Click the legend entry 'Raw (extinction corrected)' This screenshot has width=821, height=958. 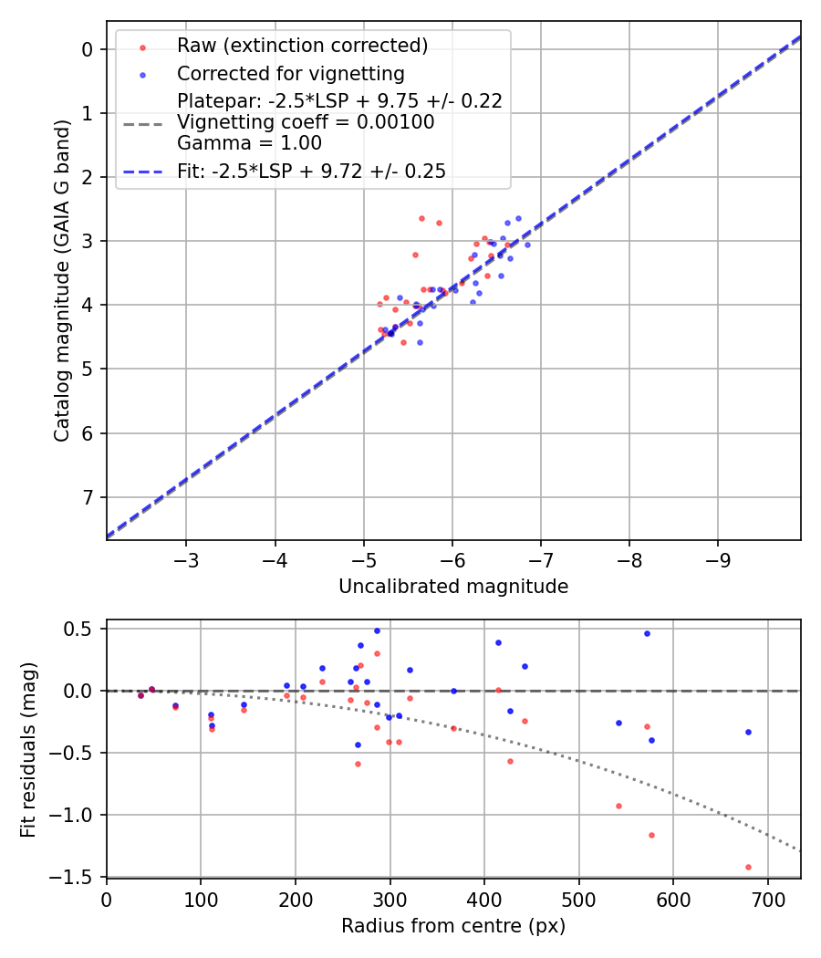point(302,46)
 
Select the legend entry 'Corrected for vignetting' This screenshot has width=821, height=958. point(290,74)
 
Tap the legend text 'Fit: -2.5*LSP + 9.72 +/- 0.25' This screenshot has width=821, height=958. point(311,172)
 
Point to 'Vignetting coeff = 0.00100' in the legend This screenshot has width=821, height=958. point(306,122)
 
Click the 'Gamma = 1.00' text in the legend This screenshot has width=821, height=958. point(249,143)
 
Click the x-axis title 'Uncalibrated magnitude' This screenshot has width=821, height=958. point(453,587)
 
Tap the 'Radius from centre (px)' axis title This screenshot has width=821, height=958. point(453,926)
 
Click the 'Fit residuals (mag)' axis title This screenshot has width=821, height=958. point(29,749)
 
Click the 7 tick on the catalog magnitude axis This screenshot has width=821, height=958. point(88,497)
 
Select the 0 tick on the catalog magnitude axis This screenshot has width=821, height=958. point(88,49)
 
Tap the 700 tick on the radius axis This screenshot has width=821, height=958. point(767,898)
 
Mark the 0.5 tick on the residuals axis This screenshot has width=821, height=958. point(80,629)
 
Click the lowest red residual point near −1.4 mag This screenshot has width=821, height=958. point(748,867)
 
